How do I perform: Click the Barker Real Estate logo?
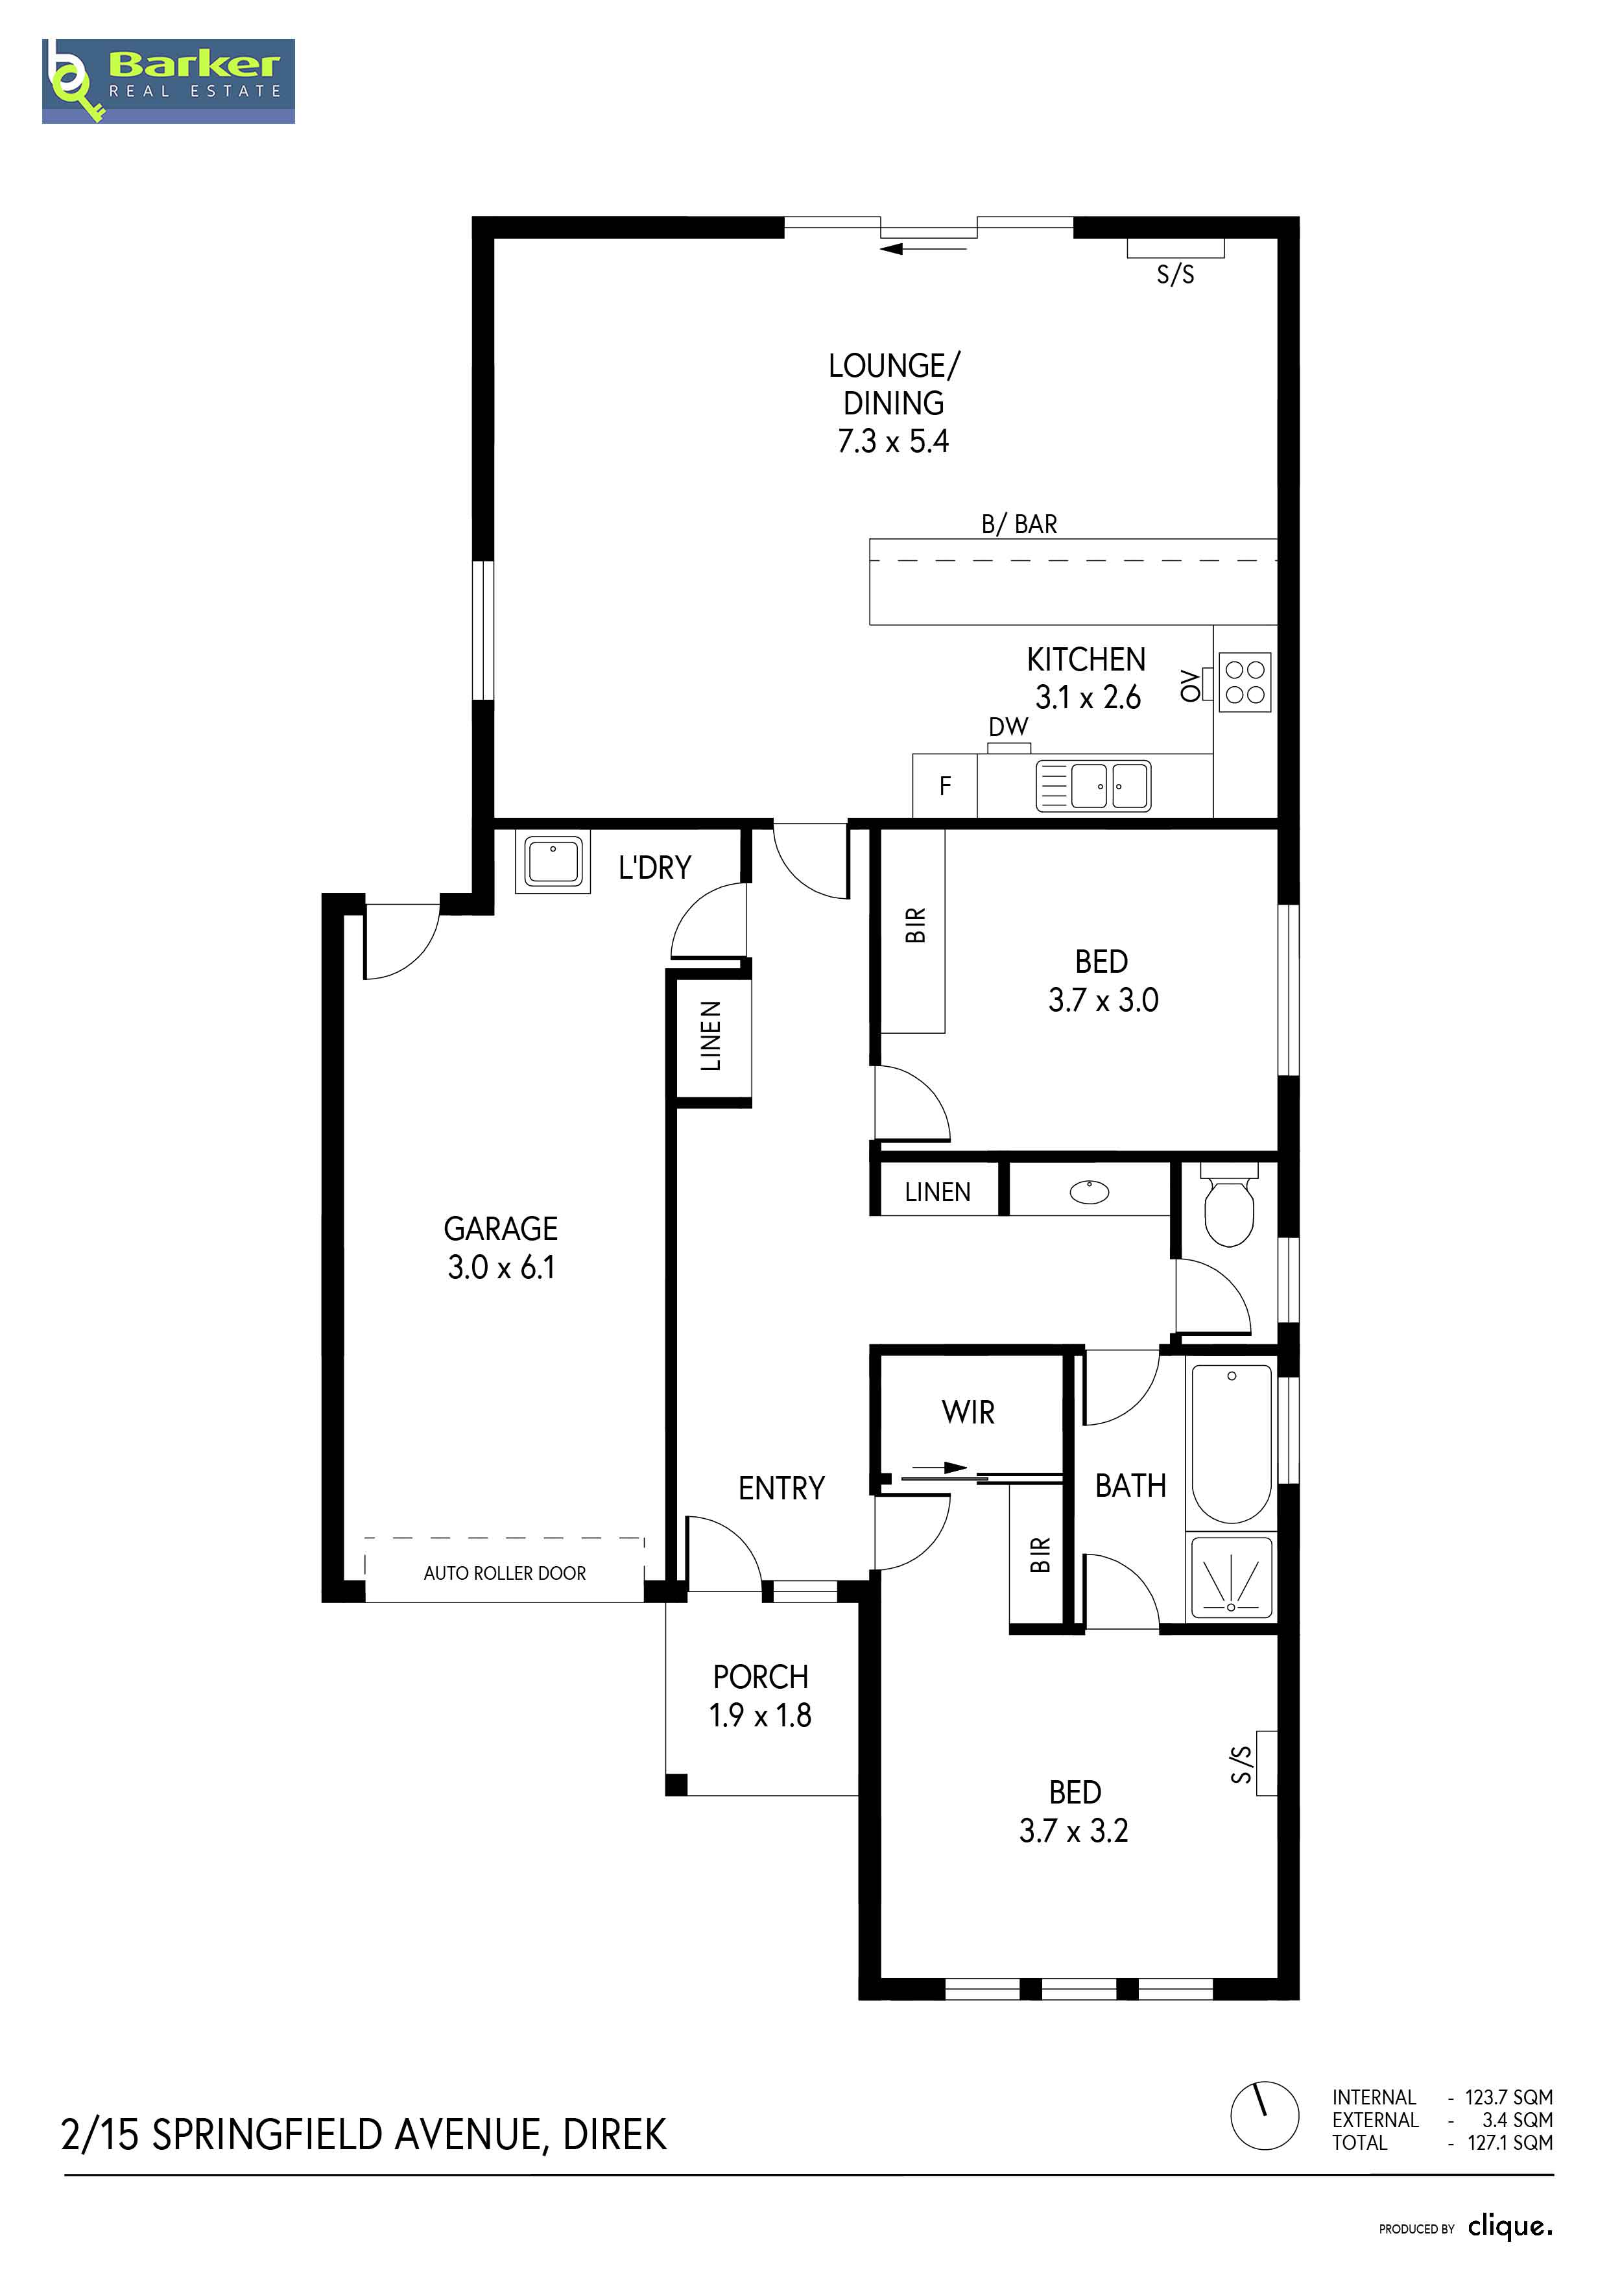pos(169,81)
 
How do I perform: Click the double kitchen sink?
pos(1094,786)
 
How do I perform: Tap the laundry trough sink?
pos(553,862)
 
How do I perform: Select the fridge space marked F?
pos(945,786)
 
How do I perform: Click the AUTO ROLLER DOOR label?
pos(505,1573)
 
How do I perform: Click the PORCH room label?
pos(761,1676)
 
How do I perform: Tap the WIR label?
pos(968,1412)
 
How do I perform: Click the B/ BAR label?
pos(1019,524)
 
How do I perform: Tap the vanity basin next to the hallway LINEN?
pos(1090,1191)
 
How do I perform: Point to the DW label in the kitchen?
pos(1008,726)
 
